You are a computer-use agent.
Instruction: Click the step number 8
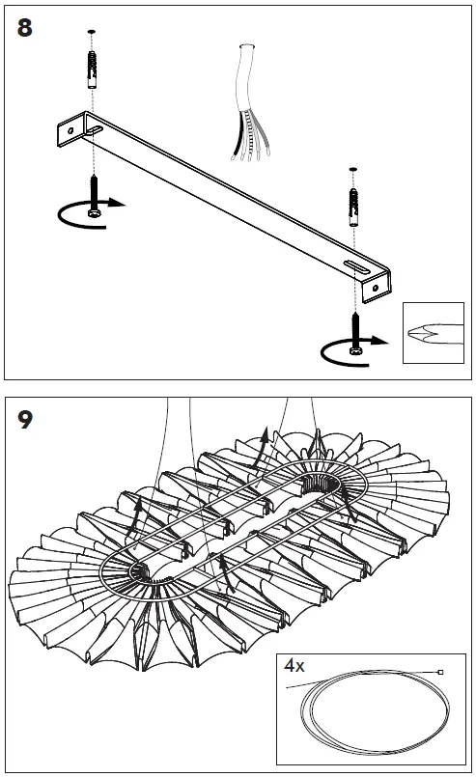pyautogui.click(x=25, y=28)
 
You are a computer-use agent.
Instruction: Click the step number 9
pyautogui.click(x=25, y=419)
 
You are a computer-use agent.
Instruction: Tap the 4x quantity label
pyautogui.click(x=294, y=665)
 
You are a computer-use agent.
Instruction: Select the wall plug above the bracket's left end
pyautogui.click(x=93, y=69)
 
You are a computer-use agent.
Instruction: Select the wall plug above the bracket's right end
pyautogui.click(x=354, y=208)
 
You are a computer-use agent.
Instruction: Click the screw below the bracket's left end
pyautogui.click(x=93, y=197)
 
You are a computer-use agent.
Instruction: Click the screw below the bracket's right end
pyautogui.click(x=355, y=334)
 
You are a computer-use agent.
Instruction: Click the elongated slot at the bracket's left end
pyautogui.click(x=95, y=130)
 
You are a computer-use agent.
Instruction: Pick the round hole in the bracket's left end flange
pyautogui.click(x=70, y=131)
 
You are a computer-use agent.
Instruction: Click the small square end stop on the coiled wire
pyautogui.click(x=441, y=673)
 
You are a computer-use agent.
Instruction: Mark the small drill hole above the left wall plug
pyautogui.click(x=91, y=32)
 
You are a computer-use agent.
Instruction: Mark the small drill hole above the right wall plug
pyautogui.click(x=353, y=170)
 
